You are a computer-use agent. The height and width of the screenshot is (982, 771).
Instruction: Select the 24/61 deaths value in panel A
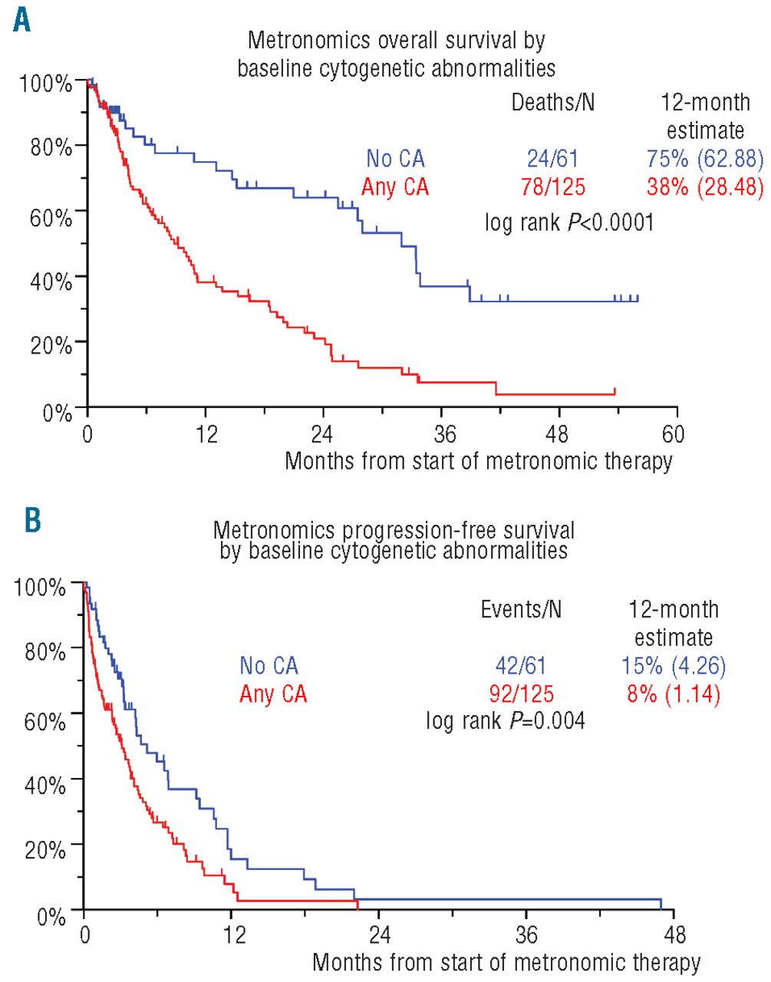552,159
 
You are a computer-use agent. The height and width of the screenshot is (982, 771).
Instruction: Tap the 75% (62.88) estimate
705,159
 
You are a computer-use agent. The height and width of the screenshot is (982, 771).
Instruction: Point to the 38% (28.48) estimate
705,186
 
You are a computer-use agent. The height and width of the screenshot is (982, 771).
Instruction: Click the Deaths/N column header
552,102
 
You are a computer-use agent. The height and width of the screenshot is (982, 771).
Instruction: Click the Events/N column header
521,609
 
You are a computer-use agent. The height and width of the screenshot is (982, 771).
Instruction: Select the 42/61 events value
521,666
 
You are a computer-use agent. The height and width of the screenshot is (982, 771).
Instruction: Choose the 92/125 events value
521,694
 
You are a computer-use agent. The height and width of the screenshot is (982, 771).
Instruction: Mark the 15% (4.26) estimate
674,666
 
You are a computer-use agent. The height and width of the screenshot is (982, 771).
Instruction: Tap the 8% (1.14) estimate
674,694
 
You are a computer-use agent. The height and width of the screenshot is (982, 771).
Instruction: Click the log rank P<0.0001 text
568,222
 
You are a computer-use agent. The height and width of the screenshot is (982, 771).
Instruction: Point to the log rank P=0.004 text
505,720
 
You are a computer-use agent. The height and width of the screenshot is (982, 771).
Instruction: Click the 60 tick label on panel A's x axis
673,434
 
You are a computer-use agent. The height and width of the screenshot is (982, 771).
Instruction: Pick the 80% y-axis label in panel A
51,147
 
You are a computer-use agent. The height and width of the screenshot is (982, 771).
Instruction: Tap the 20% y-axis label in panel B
44,850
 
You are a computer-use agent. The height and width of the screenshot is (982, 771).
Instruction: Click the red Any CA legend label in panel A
395,186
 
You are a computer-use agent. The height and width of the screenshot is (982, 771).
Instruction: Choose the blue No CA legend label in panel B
269,666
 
